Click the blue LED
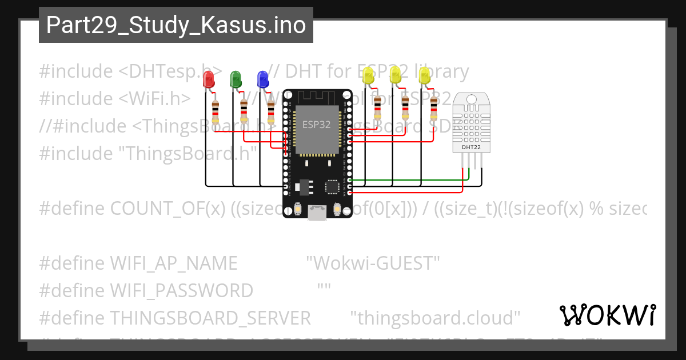(262, 79)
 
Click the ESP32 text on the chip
(316, 125)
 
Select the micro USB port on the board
(316, 213)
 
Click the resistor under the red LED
(215, 111)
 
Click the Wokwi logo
(607, 315)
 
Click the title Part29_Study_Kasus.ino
(176, 25)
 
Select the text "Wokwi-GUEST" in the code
(373, 263)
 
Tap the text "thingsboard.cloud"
(435, 318)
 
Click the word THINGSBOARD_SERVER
(210, 318)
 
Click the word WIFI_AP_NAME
(173, 263)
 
